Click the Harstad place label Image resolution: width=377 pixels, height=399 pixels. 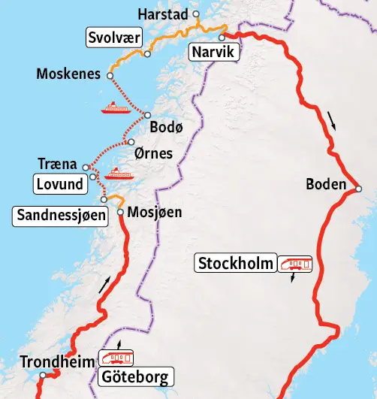(x=164, y=14)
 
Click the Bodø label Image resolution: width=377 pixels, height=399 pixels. (x=166, y=128)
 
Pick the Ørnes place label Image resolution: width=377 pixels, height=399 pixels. (x=152, y=153)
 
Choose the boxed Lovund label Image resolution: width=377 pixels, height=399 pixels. (x=59, y=183)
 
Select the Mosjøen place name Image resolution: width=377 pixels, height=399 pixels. (x=155, y=213)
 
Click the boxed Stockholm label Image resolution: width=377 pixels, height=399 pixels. (x=235, y=264)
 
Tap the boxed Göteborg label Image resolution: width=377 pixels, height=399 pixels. (x=136, y=376)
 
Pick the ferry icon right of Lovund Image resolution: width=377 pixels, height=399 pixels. (x=119, y=175)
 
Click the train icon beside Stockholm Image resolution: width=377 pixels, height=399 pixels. (x=295, y=263)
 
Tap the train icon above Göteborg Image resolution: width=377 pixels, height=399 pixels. (x=118, y=356)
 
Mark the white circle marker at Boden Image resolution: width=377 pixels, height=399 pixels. (x=359, y=189)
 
